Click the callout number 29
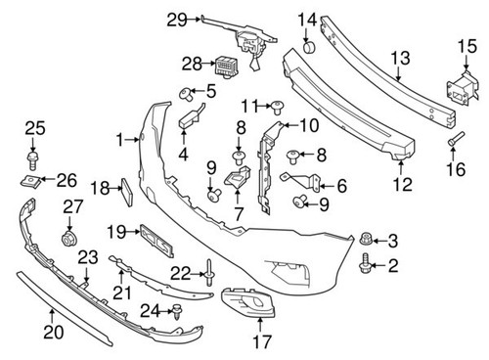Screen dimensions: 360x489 [176, 19]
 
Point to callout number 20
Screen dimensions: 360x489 [54, 333]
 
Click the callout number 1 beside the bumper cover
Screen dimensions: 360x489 [120, 140]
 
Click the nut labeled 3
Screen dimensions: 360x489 [365, 239]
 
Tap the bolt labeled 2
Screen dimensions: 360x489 [366, 262]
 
